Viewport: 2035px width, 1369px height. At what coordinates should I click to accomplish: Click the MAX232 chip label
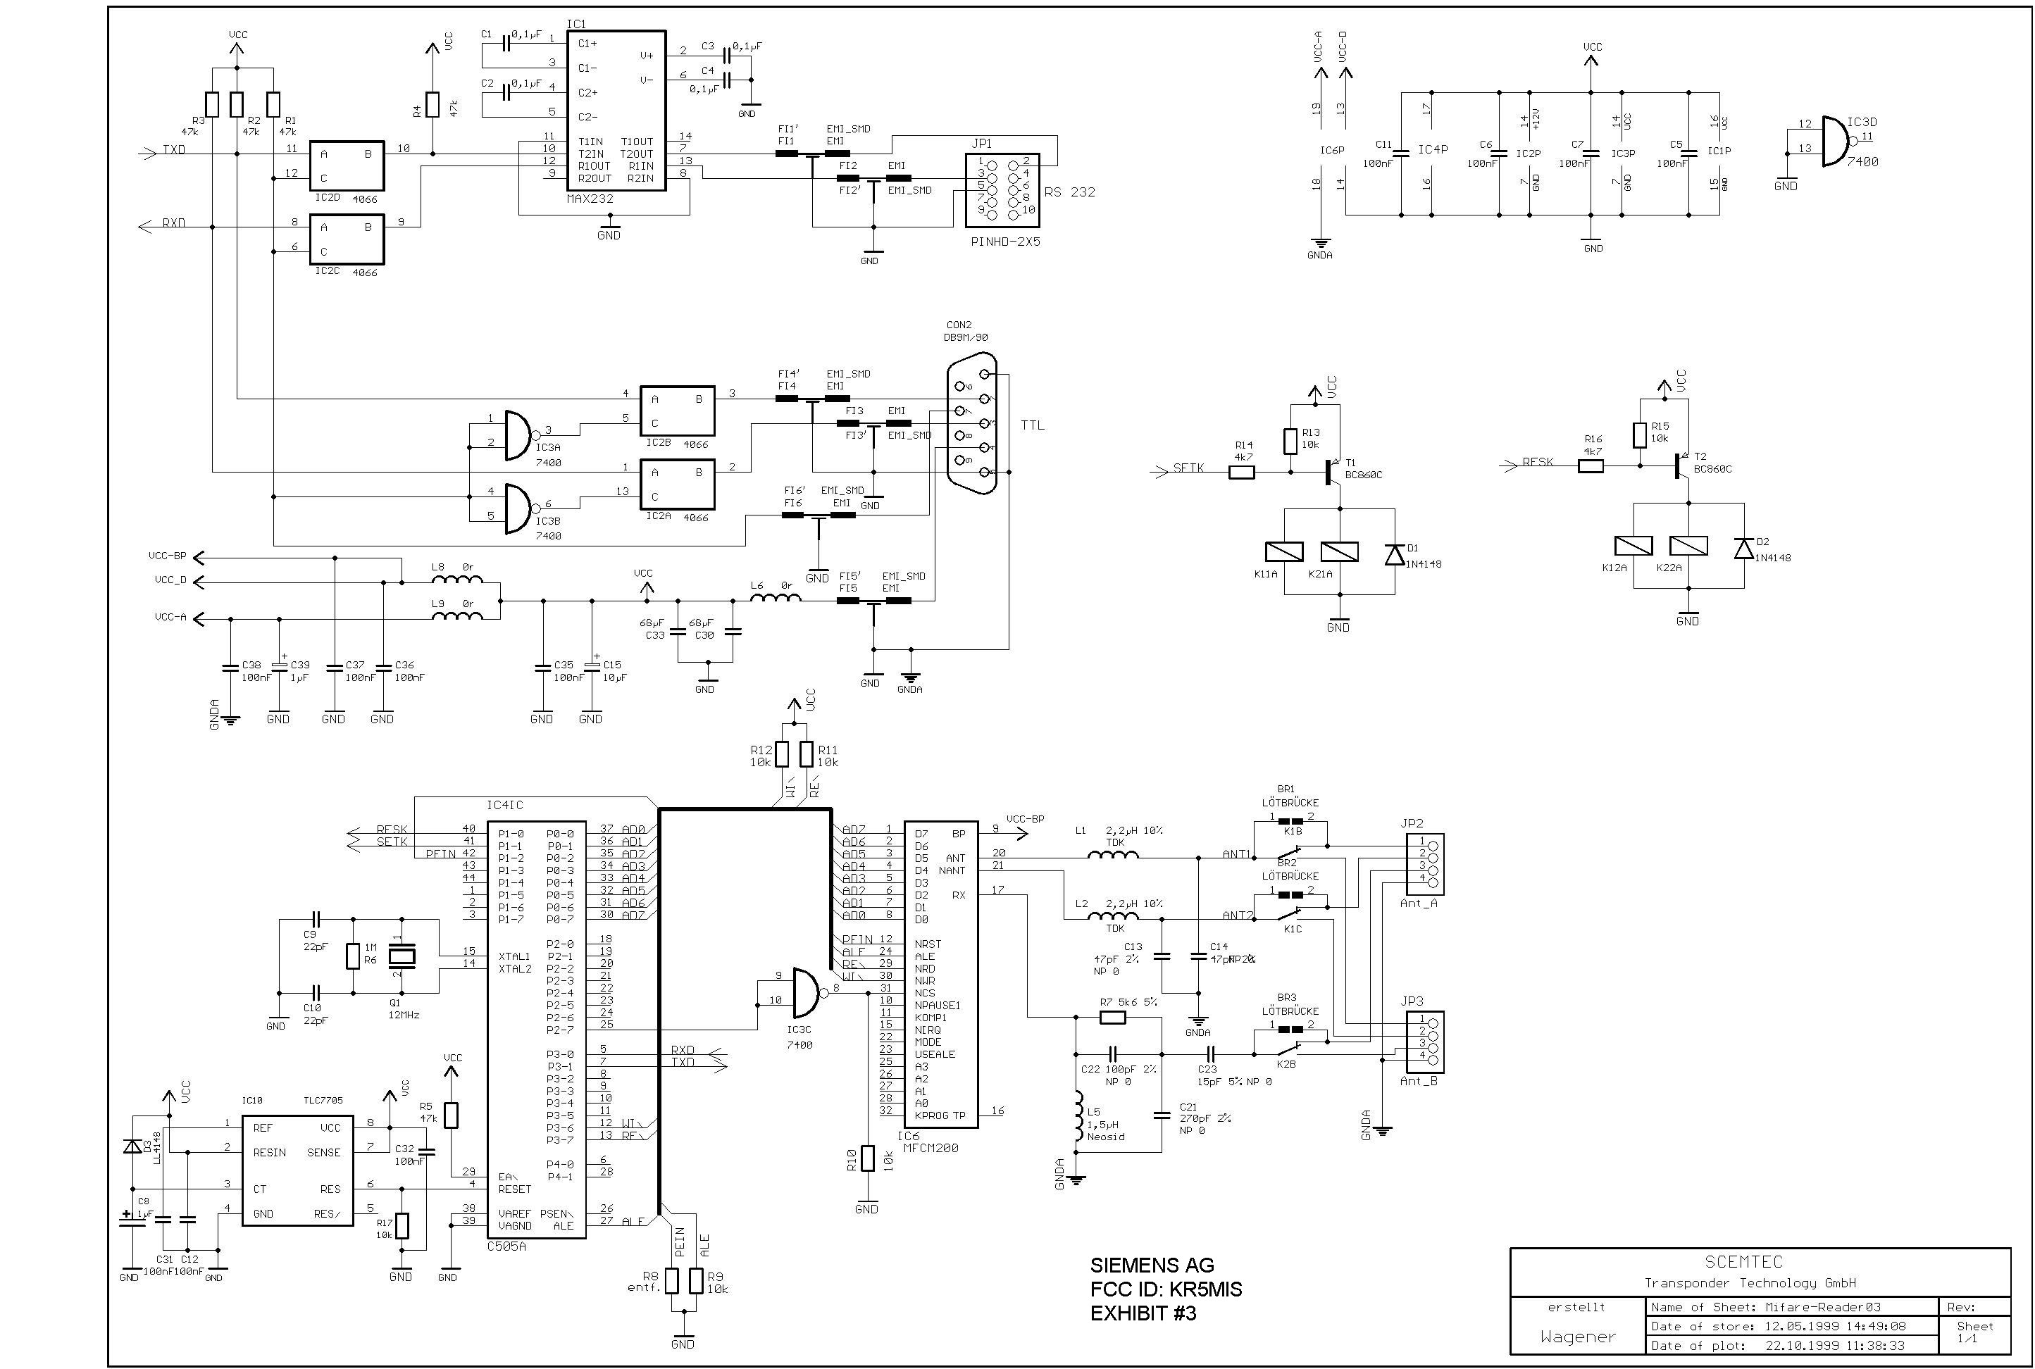pos(590,199)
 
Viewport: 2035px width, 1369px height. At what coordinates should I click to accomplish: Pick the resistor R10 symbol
pos(866,1158)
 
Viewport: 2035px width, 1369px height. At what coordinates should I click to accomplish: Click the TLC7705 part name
pos(323,1100)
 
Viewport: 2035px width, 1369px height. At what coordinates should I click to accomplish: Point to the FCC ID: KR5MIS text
pos(1165,1289)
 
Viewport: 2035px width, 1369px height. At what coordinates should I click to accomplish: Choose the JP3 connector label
pos(1412,1001)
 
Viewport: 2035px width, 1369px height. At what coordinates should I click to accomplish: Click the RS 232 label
pos(1070,192)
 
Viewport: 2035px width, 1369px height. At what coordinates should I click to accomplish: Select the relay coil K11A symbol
pos(1284,552)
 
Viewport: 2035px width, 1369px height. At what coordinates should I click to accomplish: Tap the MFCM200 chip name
pos(931,1148)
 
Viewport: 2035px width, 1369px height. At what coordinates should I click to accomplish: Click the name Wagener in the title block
pos(1577,1337)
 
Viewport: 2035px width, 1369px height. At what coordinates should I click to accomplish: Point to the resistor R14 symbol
pos(1242,473)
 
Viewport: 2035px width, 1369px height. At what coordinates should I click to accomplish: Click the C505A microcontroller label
pos(506,1246)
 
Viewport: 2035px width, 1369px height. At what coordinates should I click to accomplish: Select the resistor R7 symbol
pos(1112,1016)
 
